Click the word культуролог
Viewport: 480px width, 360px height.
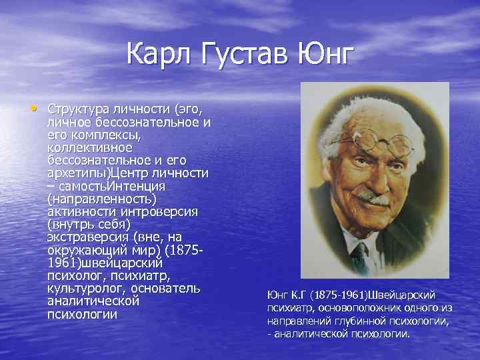click(86, 287)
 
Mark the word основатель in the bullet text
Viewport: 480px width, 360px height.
click(165, 287)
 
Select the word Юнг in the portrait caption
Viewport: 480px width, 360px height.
click(277, 295)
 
